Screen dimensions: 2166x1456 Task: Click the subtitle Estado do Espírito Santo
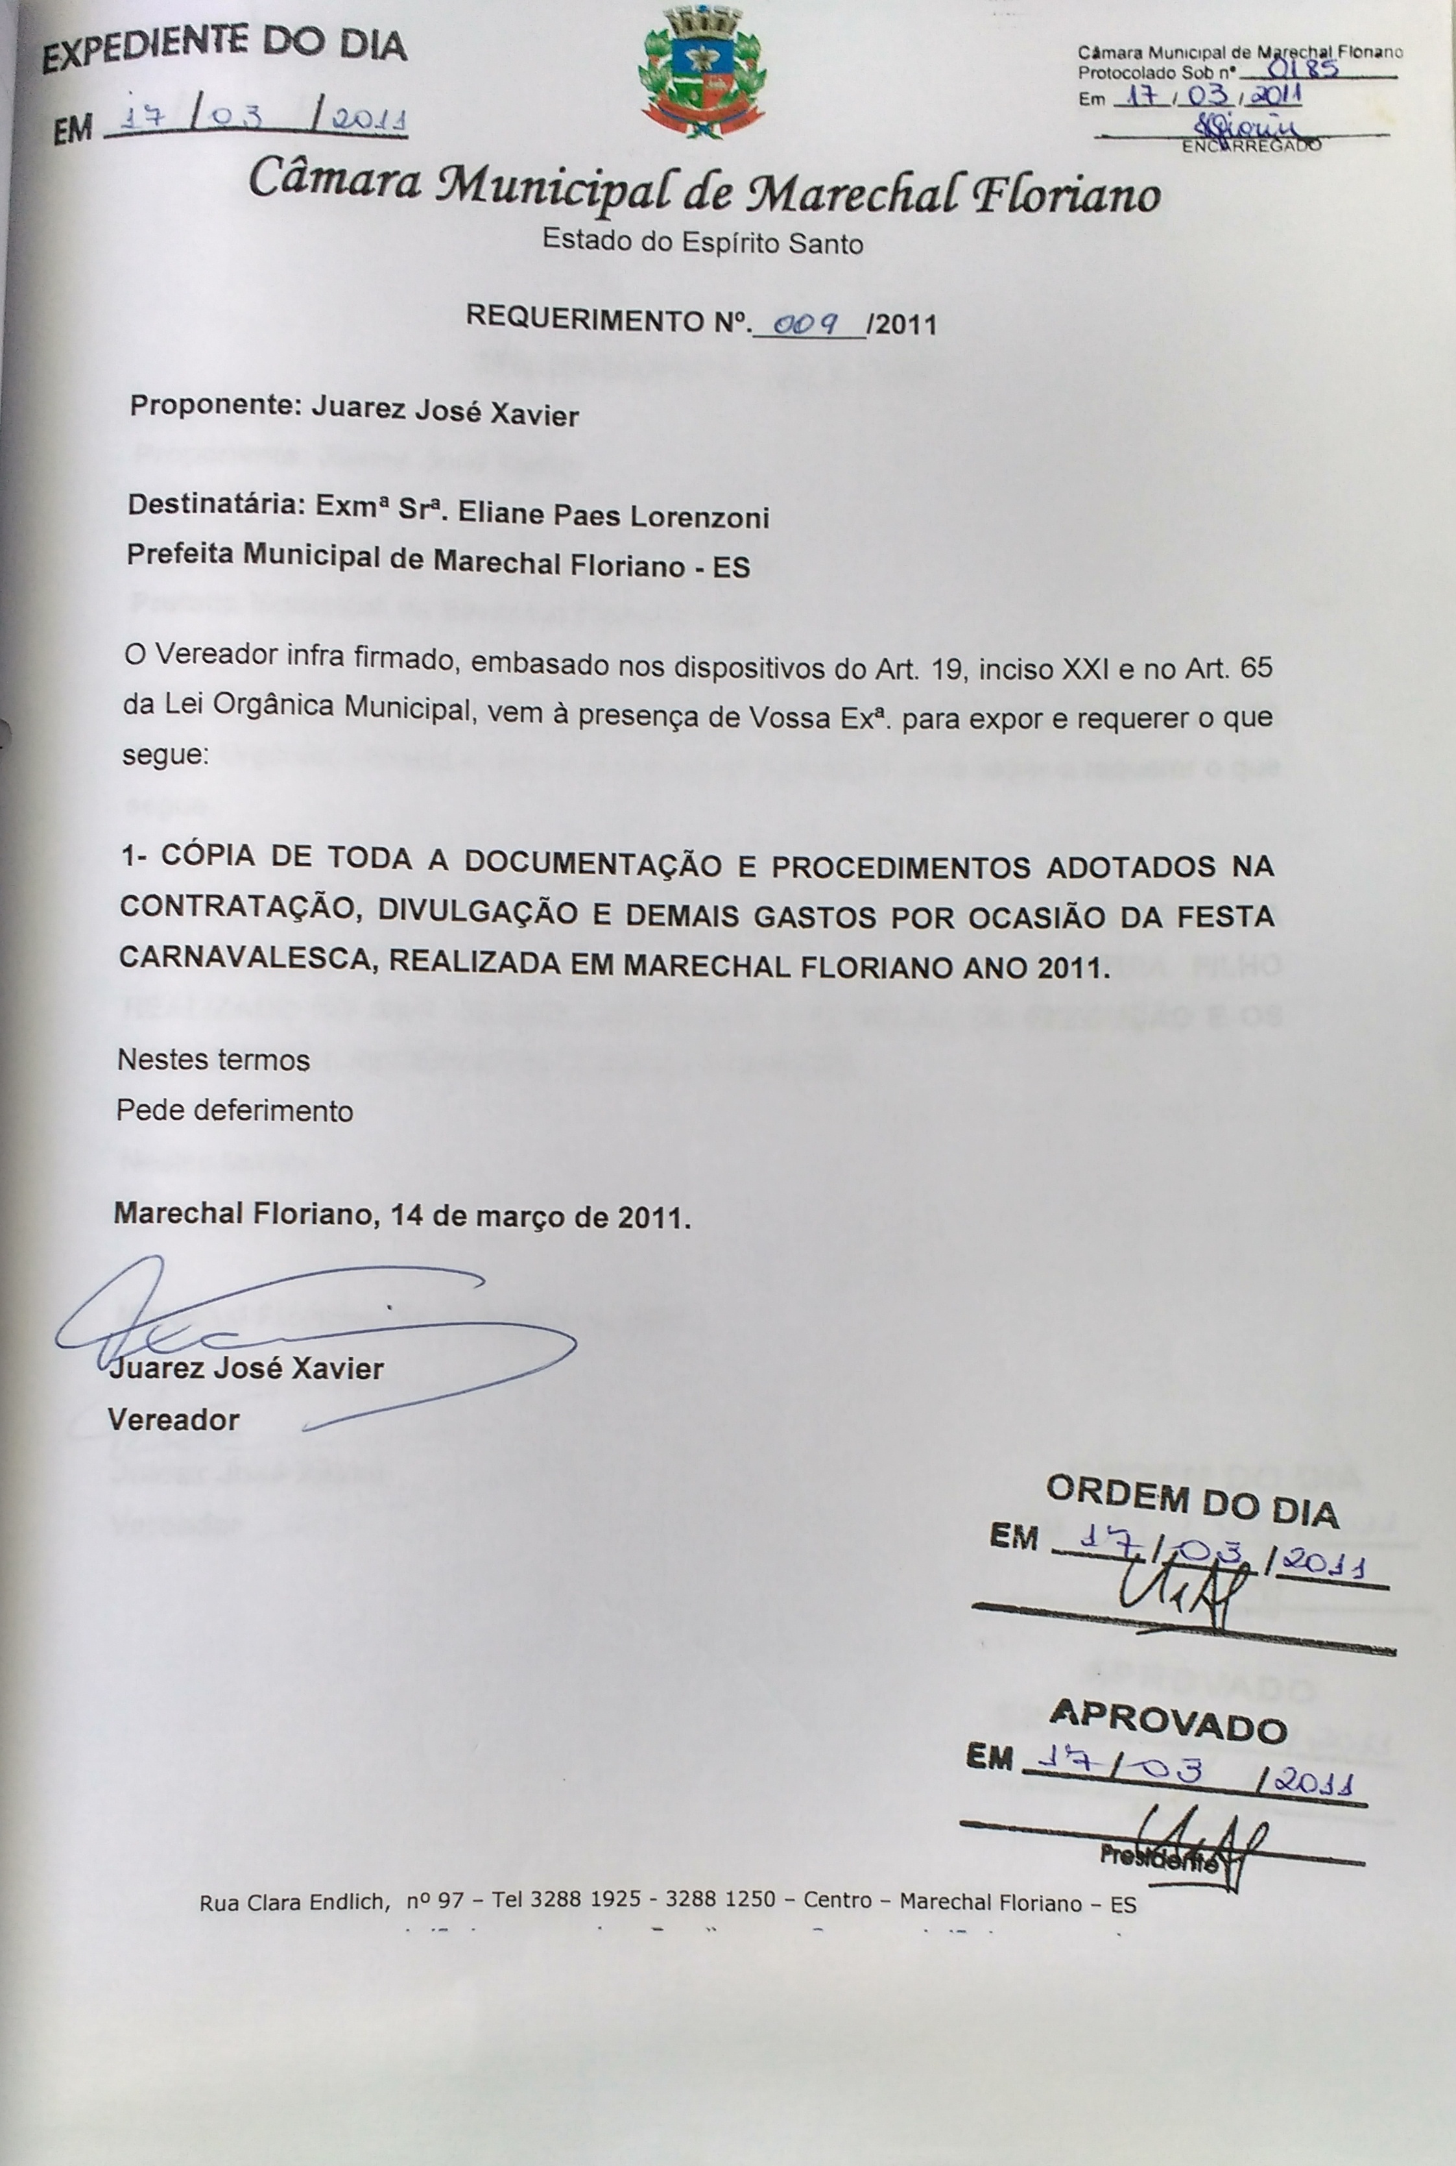click(x=703, y=243)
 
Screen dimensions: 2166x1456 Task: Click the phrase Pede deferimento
click(x=235, y=1111)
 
